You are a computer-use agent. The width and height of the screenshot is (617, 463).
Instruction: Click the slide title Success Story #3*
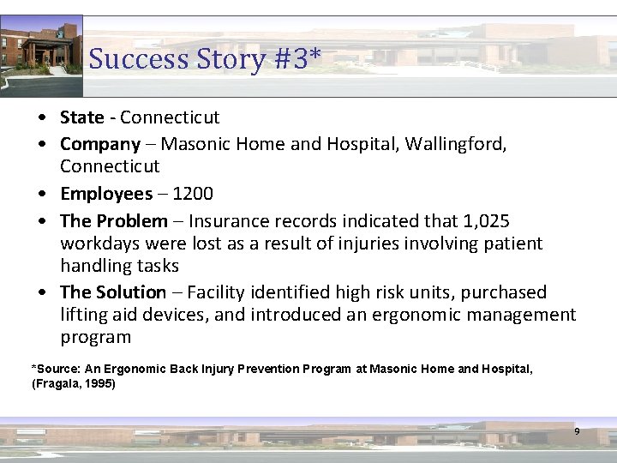click(205, 59)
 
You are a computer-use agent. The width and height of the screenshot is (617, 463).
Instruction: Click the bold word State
click(82, 117)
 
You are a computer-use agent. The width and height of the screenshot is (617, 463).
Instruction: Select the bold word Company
click(100, 144)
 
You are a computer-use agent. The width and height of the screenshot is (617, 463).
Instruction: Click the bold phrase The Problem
click(114, 221)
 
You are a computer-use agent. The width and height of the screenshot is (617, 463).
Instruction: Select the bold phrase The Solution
click(113, 292)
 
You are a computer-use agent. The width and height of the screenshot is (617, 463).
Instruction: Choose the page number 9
click(577, 431)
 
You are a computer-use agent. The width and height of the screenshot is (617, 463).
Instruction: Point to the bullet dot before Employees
click(42, 195)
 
